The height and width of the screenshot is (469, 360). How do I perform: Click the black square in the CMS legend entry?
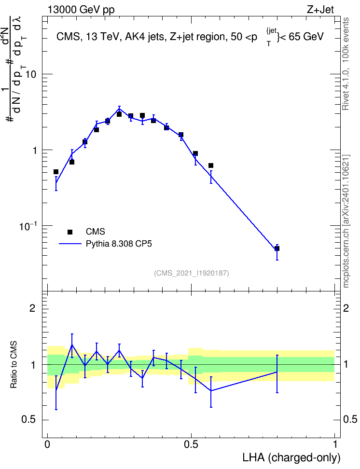(70, 232)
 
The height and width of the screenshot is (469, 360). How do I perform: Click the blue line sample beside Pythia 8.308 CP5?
(70, 244)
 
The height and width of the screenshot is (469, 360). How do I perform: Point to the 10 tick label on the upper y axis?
(30, 74)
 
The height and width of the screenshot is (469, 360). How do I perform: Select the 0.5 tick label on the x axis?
(191, 444)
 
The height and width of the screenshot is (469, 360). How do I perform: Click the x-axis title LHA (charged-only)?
(291, 458)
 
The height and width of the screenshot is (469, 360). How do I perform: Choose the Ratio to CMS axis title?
(14, 365)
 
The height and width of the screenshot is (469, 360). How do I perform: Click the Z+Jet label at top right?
(320, 10)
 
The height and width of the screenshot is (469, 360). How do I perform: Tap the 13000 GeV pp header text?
(81, 10)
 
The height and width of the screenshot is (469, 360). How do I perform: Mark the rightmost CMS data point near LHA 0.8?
(277, 248)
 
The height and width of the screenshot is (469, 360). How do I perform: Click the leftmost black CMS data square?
(56, 172)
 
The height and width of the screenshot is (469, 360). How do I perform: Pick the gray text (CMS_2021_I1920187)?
(192, 273)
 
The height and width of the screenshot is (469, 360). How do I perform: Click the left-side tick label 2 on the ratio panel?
(32, 308)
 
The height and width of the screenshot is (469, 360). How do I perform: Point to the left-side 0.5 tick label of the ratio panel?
(29, 420)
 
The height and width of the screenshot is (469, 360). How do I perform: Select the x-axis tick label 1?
(335, 444)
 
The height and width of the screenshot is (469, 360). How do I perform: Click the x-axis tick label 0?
(47, 444)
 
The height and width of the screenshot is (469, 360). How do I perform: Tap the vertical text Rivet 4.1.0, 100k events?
(346, 64)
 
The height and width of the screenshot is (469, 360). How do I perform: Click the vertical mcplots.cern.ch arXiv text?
(346, 221)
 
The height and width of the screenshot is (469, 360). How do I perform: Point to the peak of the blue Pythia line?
(119, 109)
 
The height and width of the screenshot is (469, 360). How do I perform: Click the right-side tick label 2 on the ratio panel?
(346, 308)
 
